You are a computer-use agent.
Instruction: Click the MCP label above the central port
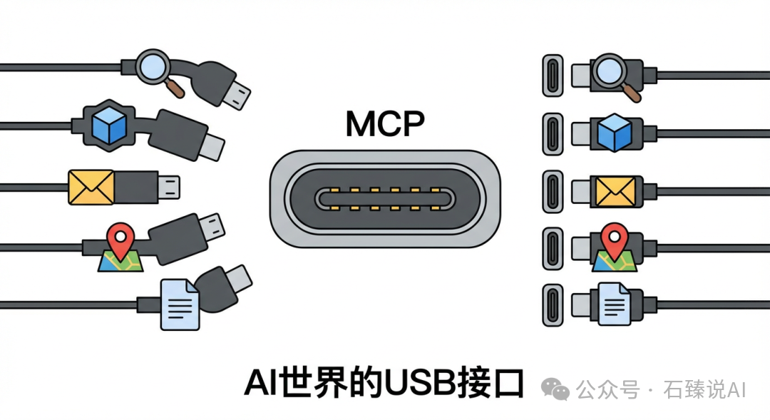(x=385, y=124)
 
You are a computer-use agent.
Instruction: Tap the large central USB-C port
(x=386, y=198)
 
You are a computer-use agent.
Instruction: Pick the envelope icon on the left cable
(x=91, y=187)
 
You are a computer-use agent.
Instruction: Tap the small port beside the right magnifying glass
(x=553, y=75)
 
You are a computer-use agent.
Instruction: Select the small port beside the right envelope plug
(x=553, y=190)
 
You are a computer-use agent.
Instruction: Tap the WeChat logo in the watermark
(x=555, y=389)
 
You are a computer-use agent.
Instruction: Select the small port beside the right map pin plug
(x=553, y=248)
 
